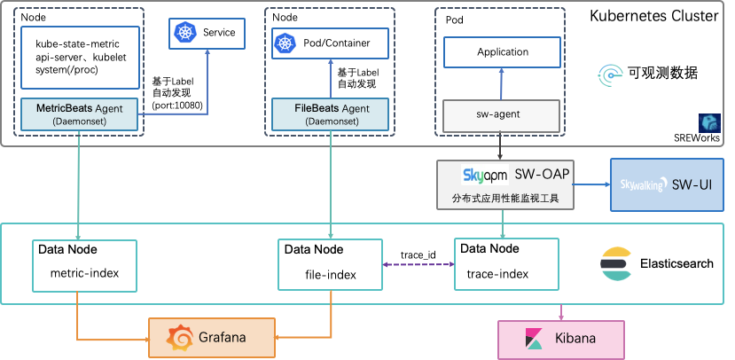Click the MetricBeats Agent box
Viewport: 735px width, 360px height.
(80, 113)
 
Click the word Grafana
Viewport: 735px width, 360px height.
(222, 339)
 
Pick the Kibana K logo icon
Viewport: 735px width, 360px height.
(534, 340)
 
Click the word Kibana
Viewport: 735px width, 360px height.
(575, 340)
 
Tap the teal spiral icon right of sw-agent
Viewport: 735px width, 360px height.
(610, 76)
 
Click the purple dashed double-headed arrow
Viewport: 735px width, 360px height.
(418, 264)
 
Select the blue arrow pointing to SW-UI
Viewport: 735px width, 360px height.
(591, 185)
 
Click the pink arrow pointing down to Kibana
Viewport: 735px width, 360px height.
(561, 312)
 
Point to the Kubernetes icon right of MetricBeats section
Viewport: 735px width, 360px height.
(184, 34)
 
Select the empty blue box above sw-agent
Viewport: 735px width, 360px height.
(502, 52)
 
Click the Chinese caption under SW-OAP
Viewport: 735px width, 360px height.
(505, 198)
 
